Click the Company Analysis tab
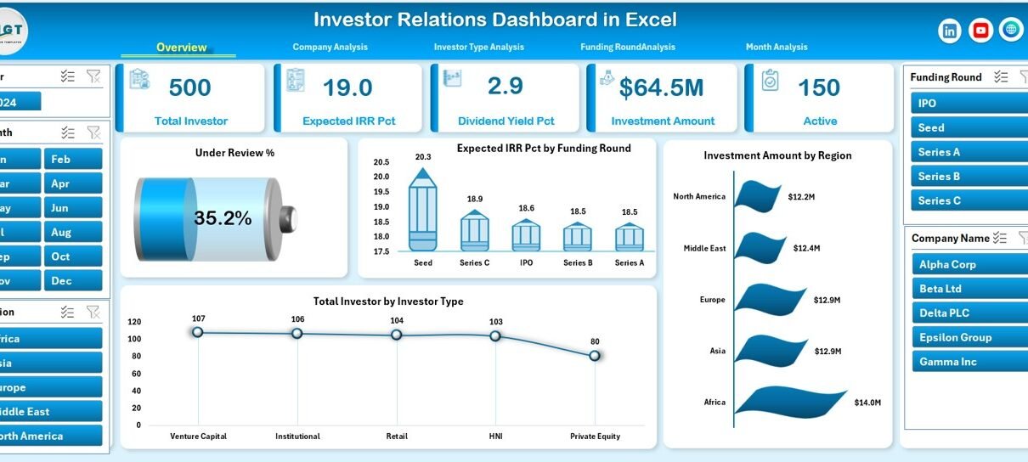(330, 48)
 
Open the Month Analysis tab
(777, 48)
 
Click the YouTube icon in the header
(980, 31)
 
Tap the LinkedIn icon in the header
(950, 31)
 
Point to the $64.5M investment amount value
(662, 87)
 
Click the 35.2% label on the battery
(223, 218)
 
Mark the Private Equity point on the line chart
(595, 356)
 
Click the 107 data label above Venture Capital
(198, 318)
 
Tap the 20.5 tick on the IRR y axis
(381, 162)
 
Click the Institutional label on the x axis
(297, 437)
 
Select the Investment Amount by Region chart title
(777, 155)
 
